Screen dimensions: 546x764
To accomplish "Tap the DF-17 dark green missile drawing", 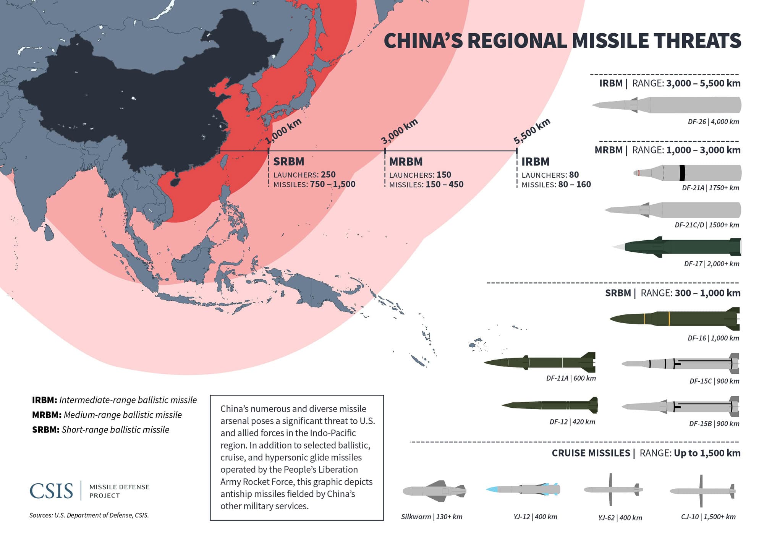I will pyautogui.click(x=680, y=246).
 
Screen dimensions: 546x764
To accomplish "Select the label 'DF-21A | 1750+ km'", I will pyautogui.click(x=710, y=188).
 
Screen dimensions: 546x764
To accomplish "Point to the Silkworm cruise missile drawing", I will pyautogui.click(x=435, y=490).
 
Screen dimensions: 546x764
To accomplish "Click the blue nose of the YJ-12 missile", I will pyautogui.click(x=493, y=489).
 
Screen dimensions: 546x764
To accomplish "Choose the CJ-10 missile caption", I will pyautogui.click(x=708, y=517).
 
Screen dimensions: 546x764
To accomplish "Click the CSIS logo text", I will pyautogui.click(x=51, y=491).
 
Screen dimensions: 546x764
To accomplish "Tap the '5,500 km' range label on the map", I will pyautogui.click(x=532, y=131).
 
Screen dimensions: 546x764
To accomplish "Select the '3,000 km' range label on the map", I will pyautogui.click(x=399, y=131).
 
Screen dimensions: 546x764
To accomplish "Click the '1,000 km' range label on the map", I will pyautogui.click(x=283, y=131).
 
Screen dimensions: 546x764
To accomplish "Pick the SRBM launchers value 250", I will pyautogui.click(x=328, y=175).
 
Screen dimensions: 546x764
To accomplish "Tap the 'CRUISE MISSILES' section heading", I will pyautogui.click(x=591, y=453).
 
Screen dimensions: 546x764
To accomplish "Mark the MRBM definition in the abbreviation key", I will pyautogui.click(x=107, y=415).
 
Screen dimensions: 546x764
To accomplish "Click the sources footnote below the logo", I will pyautogui.click(x=89, y=515).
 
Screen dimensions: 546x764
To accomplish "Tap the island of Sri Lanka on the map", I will pyautogui.click(x=49, y=232).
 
